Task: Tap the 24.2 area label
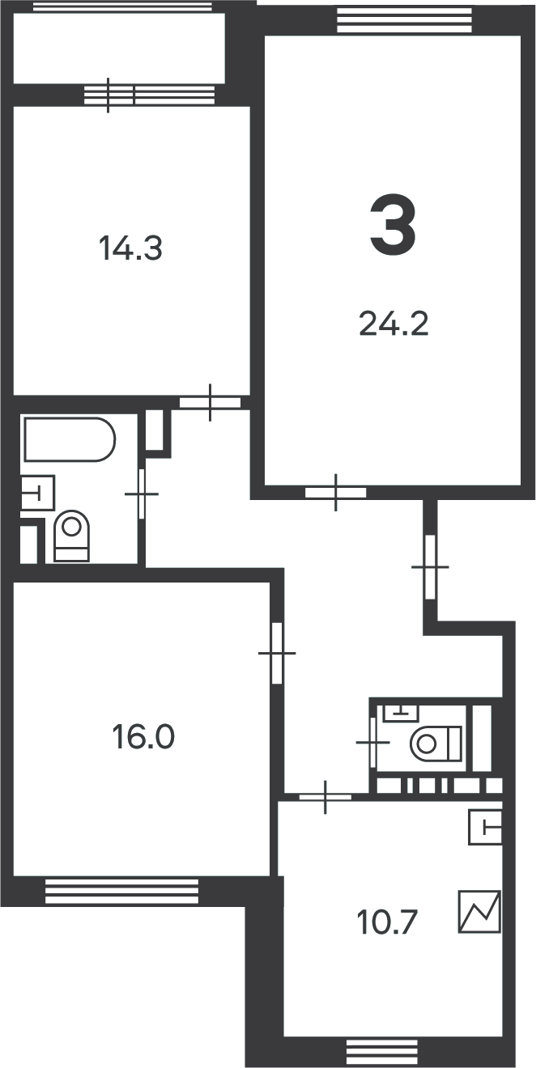point(393,324)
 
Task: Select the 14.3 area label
point(130,248)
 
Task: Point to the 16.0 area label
point(143,736)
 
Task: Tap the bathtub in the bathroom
point(70,439)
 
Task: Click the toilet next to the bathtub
point(71,536)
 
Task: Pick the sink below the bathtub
point(38,493)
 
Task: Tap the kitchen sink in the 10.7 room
point(485,827)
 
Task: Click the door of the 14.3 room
point(210,402)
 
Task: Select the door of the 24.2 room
point(335,493)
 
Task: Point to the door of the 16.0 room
point(277,653)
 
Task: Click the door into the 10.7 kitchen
point(325,797)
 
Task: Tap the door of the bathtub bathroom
point(141,494)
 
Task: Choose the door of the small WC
point(372,743)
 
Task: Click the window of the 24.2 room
point(404,20)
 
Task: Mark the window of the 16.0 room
point(121,891)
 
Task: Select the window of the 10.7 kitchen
point(382,1051)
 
